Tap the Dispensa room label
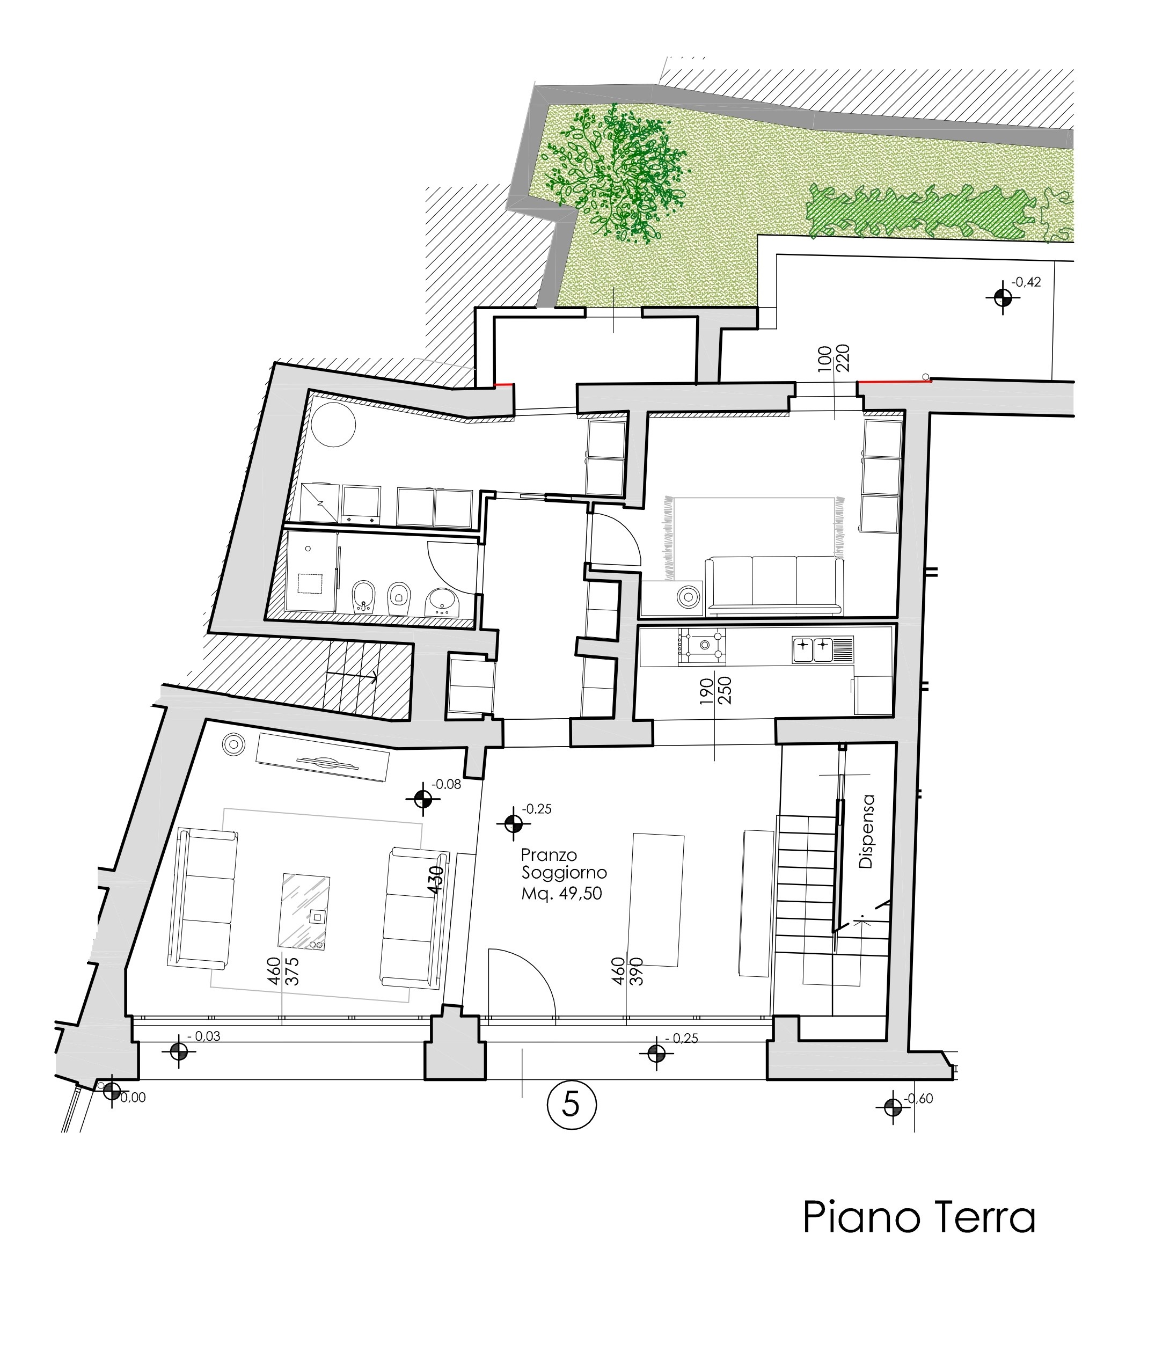[866, 831]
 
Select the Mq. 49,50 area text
[561, 894]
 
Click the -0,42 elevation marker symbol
[1003, 297]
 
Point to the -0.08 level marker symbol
[422, 799]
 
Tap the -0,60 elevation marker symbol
[893, 1107]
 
